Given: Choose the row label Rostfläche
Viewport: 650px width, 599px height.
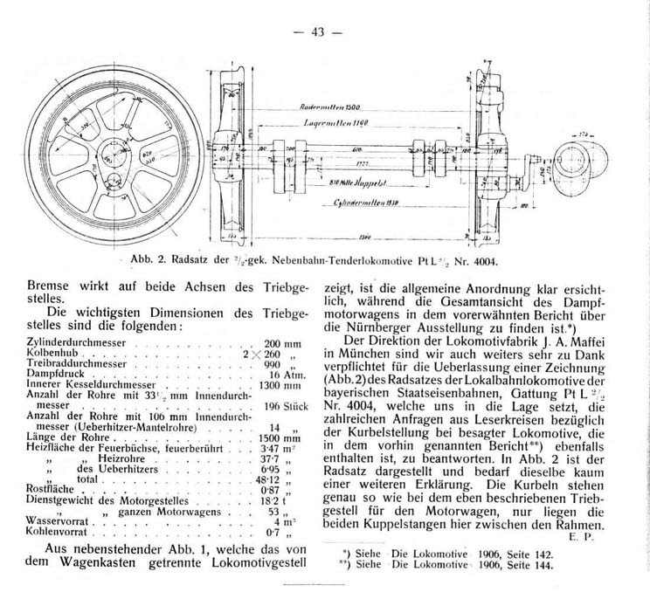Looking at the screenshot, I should (x=29, y=491).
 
